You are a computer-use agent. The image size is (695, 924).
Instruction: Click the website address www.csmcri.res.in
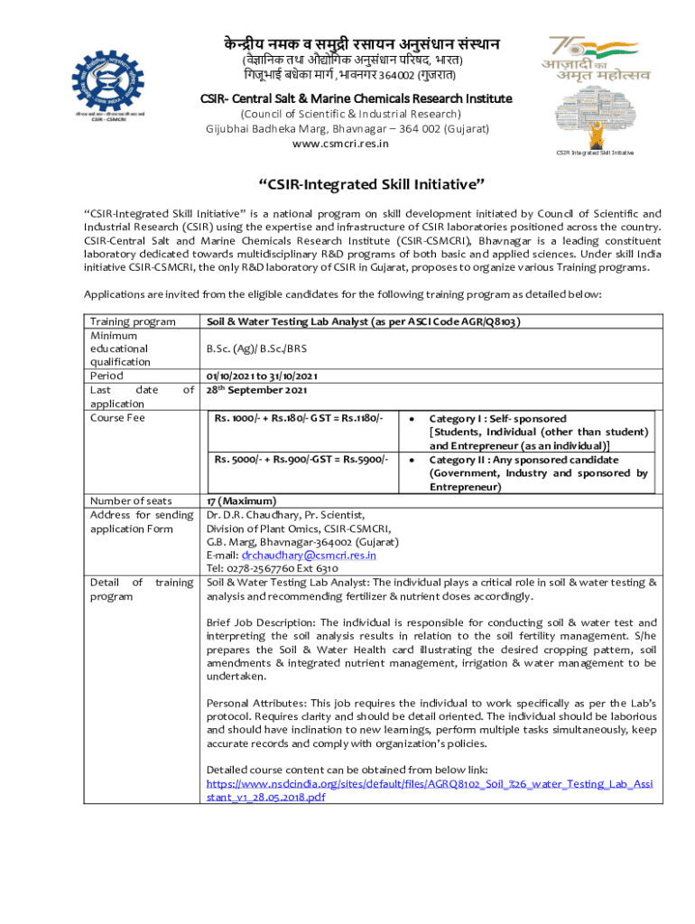[x=347, y=143]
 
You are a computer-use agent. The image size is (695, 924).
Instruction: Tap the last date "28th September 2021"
[x=257, y=390]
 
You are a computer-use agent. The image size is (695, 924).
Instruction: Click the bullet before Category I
[x=412, y=420]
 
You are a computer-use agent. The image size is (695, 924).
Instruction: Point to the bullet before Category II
[x=412, y=460]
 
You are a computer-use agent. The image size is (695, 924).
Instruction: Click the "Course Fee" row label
[x=117, y=418]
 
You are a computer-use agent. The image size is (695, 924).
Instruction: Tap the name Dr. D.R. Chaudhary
[x=252, y=514]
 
